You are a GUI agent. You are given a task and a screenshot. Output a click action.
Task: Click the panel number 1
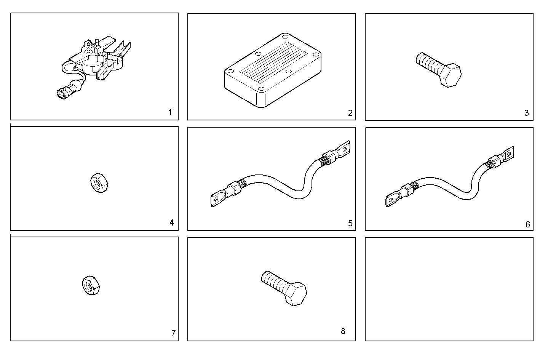pyautogui.click(x=170, y=112)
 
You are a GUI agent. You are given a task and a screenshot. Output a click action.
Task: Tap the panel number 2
pyautogui.click(x=350, y=113)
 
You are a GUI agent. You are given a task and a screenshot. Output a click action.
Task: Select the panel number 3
pyautogui.click(x=526, y=113)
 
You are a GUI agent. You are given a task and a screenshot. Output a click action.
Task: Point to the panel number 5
pyautogui.click(x=350, y=223)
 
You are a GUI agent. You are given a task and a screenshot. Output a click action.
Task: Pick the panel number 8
pyautogui.click(x=343, y=331)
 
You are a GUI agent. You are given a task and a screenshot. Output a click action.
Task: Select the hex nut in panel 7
pyautogui.click(x=91, y=285)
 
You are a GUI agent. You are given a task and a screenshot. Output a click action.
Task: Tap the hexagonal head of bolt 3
pyautogui.click(x=450, y=75)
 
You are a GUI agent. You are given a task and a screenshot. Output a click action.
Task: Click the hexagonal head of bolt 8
pyautogui.click(x=295, y=294)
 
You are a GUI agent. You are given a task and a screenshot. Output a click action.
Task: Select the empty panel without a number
pyautogui.click(x=449, y=289)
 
